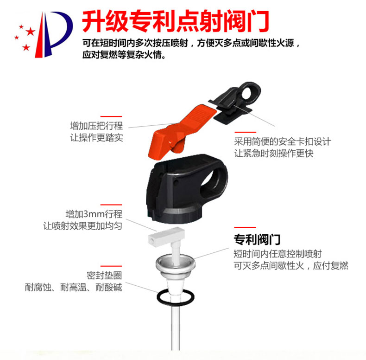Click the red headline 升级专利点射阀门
click(176, 21)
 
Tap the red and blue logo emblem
click(44, 34)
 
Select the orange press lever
click(180, 133)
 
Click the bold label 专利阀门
click(257, 239)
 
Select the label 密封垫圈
click(104, 276)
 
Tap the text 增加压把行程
click(96, 126)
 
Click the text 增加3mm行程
click(94, 214)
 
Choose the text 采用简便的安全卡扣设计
click(283, 141)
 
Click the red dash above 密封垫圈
click(111, 266)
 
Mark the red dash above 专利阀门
click(245, 227)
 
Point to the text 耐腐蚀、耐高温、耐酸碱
click(74, 287)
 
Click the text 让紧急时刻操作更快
click(274, 154)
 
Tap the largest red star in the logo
click(30, 32)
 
